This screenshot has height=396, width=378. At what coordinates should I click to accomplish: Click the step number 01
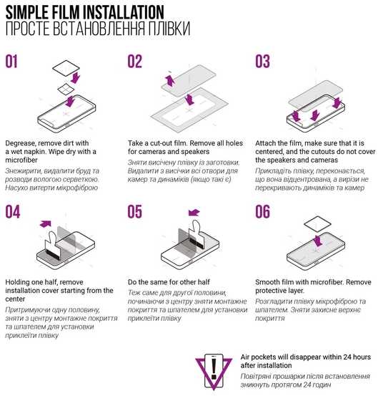coord(11,62)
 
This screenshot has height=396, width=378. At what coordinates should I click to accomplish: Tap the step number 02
coord(134,62)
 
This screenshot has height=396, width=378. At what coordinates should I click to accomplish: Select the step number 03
coord(262,62)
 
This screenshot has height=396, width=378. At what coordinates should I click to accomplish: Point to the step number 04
coord(13,211)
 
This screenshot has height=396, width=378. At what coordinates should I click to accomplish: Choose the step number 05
coord(134,211)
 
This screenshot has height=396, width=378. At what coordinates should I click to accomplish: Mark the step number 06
coord(262,211)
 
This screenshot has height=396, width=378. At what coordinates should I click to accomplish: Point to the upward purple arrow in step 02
coord(170,81)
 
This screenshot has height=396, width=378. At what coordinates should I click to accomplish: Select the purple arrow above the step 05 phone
coord(194,213)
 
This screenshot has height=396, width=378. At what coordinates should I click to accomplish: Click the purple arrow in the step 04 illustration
coord(46,223)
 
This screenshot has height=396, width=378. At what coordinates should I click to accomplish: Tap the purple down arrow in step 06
coord(318,241)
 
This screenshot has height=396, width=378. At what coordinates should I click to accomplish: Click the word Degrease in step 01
coord(21,143)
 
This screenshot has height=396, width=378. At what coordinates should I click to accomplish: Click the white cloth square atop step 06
coord(317,224)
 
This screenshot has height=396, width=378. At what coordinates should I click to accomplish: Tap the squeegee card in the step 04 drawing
coord(52,246)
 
